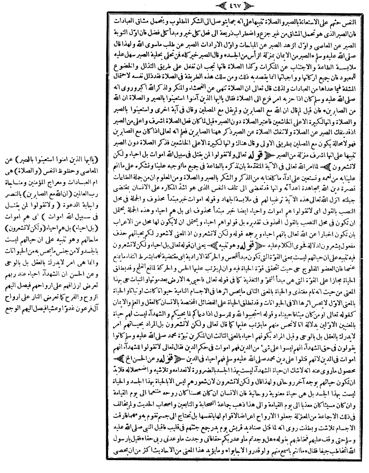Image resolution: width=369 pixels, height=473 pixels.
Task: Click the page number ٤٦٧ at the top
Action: pos(236,7)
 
